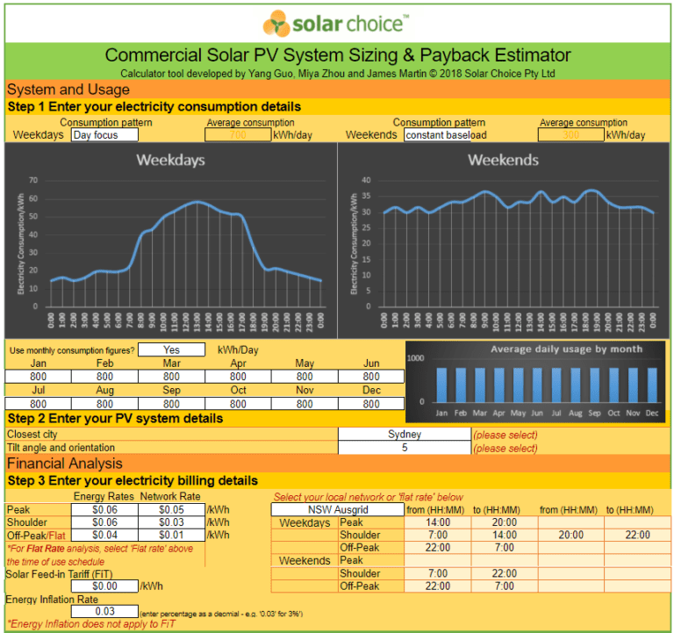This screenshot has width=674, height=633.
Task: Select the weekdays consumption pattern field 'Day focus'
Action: [x=104, y=135]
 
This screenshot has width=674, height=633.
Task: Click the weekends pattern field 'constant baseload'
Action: [x=457, y=135]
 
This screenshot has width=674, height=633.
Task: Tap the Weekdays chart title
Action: [x=170, y=161]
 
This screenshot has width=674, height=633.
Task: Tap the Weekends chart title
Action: [x=502, y=161]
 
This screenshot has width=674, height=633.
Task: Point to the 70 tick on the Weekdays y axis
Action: [x=33, y=181]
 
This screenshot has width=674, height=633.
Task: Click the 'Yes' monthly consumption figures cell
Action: [x=170, y=349]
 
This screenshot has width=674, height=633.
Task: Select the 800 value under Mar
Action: [x=171, y=377]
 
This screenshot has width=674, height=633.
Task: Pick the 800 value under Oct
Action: [x=238, y=405]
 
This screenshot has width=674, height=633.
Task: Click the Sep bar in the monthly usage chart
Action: [x=594, y=384]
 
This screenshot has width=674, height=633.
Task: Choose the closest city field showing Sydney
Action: [x=404, y=435]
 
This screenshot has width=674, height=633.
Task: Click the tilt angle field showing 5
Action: [x=404, y=448]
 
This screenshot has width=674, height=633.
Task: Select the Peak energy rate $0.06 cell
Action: [x=104, y=509]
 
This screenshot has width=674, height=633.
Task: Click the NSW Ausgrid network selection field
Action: [x=336, y=509]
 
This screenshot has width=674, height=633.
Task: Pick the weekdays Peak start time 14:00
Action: [x=437, y=522]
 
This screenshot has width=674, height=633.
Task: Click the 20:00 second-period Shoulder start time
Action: [x=570, y=535]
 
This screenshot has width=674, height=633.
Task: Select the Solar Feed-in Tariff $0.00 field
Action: [x=104, y=586]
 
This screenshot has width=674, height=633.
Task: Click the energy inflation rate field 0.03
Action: [x=104, y=611]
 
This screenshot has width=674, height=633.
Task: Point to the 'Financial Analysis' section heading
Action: [x=65, y=464]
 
